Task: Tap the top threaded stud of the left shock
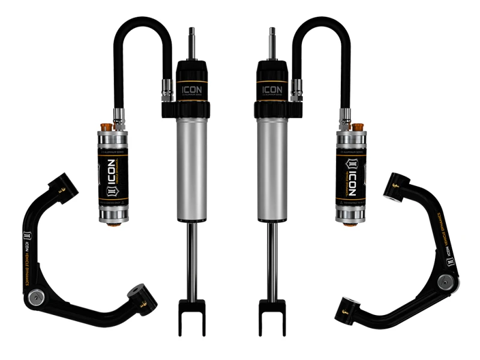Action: coord(192,40)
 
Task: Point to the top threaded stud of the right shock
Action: coord(271,40)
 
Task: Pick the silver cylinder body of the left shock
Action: coord(192,168)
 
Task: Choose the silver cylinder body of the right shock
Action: coord(271,168)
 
